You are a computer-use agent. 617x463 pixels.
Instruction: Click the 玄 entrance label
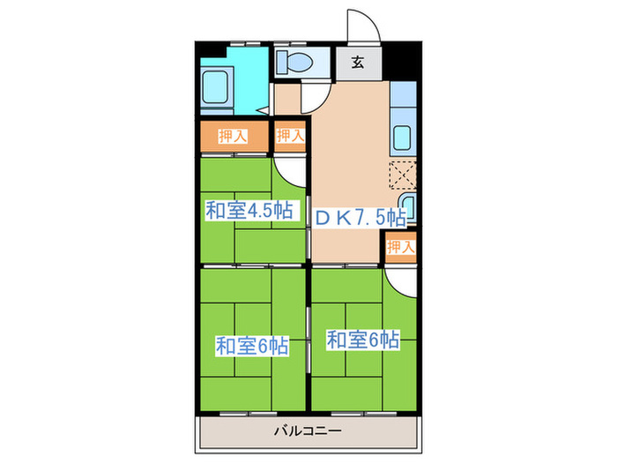point(358,62)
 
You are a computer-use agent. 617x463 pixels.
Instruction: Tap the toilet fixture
point(291,63)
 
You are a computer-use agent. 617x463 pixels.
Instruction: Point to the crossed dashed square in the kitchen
point(402,175)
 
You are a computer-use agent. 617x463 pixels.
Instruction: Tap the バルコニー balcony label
point(308,431)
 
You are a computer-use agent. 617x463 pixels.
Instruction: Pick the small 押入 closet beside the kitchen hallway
point(290,136)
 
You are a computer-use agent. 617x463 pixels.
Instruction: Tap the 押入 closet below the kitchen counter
point(400,247)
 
